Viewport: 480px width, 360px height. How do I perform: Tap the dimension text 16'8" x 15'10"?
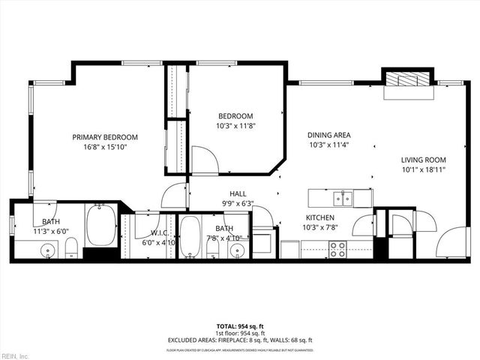(x=105, y=147)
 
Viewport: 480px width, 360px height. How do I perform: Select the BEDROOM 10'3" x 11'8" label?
(x=235, y=121)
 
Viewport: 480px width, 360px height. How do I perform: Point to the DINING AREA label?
(x=328, y=136)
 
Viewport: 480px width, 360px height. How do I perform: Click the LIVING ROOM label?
(x=423, y=160)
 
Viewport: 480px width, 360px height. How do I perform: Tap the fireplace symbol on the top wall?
(x=408, y=80)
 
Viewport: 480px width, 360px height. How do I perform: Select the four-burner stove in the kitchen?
(x=338, y=249)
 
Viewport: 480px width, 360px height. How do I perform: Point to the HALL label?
(x=238, y=193)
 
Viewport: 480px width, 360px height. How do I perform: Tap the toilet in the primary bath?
(x=70, y=247)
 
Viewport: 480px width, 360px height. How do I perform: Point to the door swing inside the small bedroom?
(x=204, y=159)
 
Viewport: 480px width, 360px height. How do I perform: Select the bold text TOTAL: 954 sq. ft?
(x=239, y=327)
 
